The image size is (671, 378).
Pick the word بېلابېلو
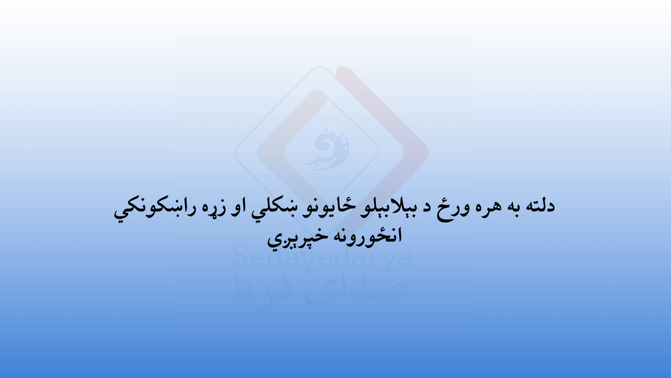coord(387,207)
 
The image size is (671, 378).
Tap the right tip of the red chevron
coord(428,153)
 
